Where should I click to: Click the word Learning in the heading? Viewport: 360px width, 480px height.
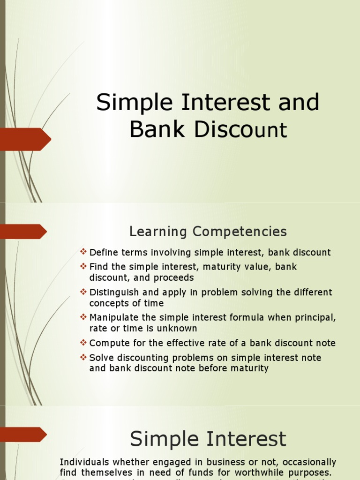(158, 232)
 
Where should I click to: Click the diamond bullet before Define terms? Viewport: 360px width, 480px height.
(83, 252)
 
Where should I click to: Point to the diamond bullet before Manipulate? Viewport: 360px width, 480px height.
(83, 317)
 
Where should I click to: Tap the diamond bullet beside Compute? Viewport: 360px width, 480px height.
(83, 343)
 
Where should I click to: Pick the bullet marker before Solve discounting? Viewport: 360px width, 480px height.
(83, 357)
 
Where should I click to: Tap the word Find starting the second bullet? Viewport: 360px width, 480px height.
(98, 267)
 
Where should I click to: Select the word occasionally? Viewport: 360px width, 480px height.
(307, 462)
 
